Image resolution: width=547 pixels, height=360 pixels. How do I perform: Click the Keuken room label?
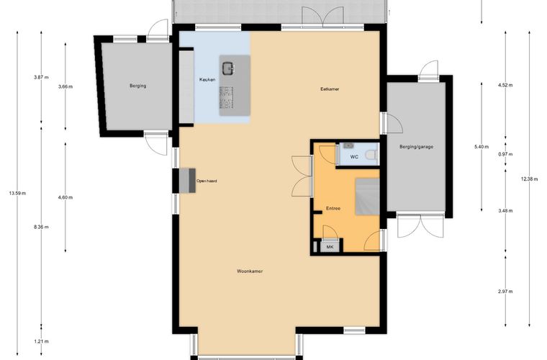coord(207,79)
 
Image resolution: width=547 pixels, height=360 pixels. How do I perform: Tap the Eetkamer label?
coord(330,89)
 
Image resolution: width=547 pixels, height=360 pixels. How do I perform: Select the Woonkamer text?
coord(250,271)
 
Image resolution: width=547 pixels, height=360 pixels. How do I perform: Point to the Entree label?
coord(333,208)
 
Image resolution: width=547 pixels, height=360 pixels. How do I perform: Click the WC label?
coord(354,157)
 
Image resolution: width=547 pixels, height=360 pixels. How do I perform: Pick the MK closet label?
coord(330,247)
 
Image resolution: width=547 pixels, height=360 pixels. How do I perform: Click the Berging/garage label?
coord(417,147)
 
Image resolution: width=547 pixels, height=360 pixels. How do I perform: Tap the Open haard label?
coord(207,181)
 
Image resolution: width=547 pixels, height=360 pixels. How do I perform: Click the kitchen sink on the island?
coord(228,68)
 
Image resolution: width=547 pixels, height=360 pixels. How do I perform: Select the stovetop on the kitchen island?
coord(227,97)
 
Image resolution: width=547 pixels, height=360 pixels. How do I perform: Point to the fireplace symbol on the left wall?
coord(188,180)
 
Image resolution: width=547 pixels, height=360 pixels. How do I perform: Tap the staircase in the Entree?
coord(367,197)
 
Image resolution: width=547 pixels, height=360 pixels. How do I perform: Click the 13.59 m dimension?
coord(17,193)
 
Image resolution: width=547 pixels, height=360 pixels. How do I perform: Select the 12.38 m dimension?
coord(529,179)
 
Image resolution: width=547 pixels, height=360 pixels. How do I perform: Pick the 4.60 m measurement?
coord(65,197)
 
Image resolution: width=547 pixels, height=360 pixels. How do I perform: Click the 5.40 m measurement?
coord(482,147)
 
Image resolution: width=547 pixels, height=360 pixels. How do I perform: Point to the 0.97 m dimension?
coord(505,154)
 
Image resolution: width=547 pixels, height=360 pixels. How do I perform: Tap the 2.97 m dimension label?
coord(505,292)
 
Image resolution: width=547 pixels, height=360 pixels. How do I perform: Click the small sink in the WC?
coord(348,145)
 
